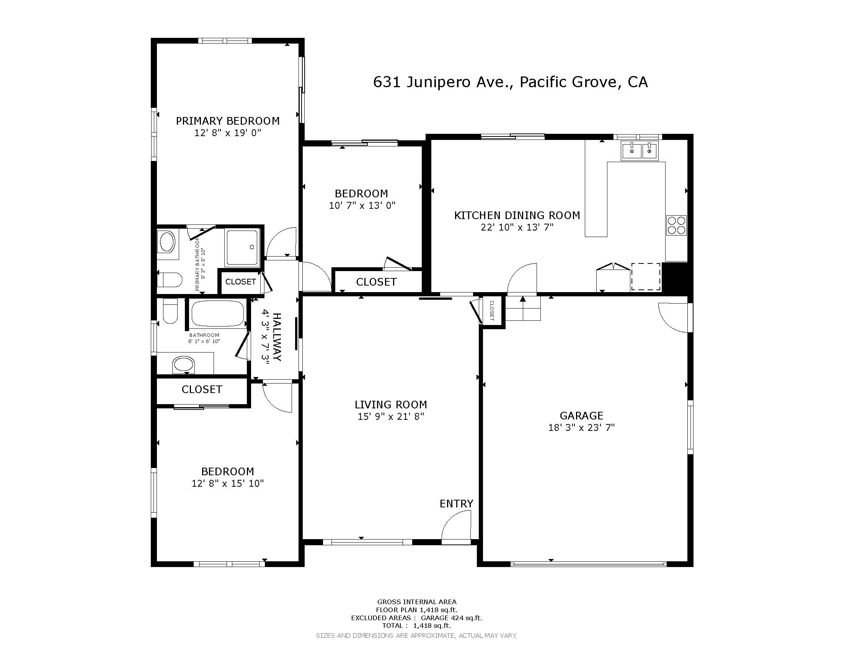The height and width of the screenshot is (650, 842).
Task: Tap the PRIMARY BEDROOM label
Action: (x=228, y=121)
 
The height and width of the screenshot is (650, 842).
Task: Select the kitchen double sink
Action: (x=640, y=151)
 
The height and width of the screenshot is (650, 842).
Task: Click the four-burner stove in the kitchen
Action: (x=677, y=225)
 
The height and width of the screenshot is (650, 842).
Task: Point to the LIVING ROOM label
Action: (x=391, y=405)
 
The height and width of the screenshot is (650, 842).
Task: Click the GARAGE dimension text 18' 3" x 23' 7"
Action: (x=581, y=427)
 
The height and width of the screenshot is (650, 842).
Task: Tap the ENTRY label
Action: (x=457, y=504)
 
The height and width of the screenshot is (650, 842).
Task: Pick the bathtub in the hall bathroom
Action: (x=218, y=314)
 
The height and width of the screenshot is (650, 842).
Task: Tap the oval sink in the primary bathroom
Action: (x=167, y=242)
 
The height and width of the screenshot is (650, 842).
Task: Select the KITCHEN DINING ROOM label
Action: (x=517, y=215)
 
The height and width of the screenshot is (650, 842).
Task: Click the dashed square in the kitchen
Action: (x=646, y=276)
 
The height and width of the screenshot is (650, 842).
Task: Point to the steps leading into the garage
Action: (x=523, y=308)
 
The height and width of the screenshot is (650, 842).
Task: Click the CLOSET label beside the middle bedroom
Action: (x=376, y=282)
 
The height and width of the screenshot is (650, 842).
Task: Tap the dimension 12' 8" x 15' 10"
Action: (x=228, y=483)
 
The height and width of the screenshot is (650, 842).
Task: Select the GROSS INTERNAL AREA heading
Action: (x=417, y=601)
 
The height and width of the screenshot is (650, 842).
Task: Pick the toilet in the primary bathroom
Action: (x=170, y=279)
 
